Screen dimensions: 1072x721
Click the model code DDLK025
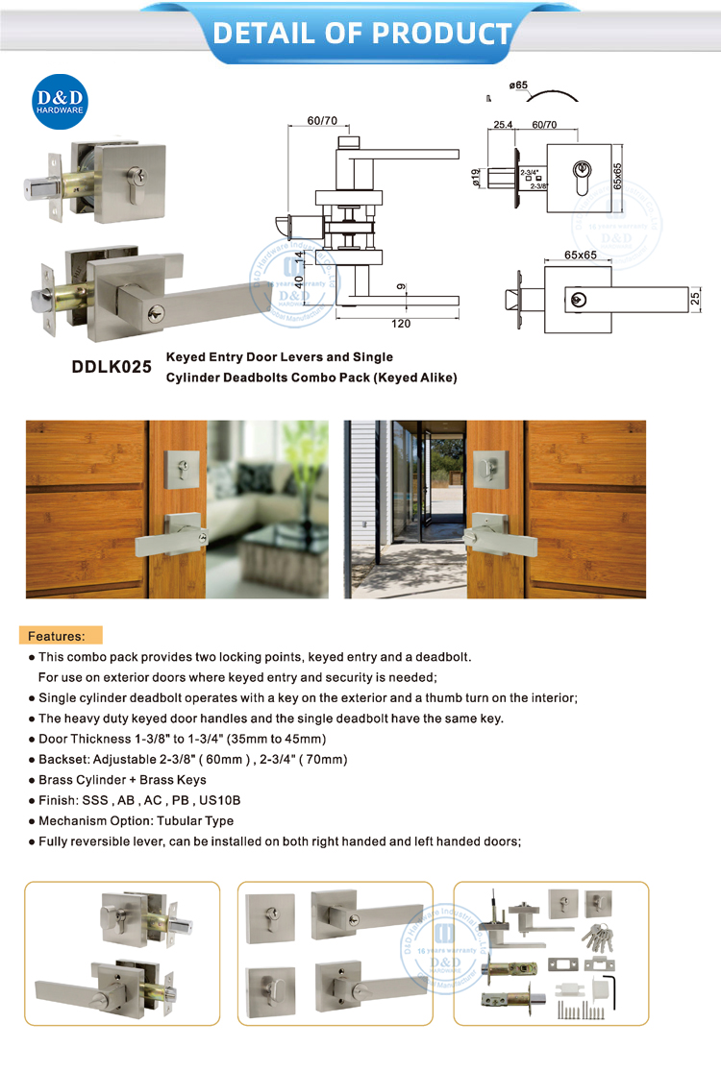[x=112, y=367]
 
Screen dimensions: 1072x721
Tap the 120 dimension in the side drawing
[x=401, y=324]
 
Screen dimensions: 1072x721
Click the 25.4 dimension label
[x=504, y=125]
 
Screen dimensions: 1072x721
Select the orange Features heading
[x=57, y=636]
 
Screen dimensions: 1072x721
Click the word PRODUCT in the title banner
[x=441, y=34]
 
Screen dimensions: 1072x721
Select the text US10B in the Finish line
[x=221, y=800]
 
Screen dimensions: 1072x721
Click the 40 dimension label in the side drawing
[x=299, y=282]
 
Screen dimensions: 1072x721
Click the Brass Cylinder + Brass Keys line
[x=122, y=780]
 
